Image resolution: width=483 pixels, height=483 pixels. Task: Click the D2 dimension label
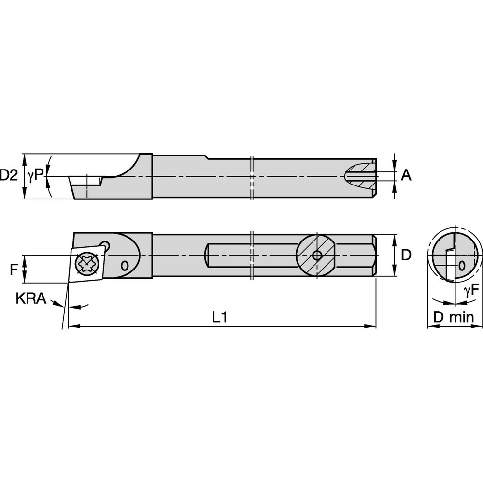click(9, 176)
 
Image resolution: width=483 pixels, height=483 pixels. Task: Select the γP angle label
click(35, 176)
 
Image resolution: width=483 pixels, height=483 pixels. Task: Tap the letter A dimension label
click(407, 175)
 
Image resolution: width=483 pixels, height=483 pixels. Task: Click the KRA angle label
click(31, 299)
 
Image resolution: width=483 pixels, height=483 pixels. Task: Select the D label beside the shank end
click(407, 255)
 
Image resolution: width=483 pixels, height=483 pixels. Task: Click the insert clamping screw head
click(87, 264)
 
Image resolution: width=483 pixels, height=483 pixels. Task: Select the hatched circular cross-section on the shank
click(316, 255)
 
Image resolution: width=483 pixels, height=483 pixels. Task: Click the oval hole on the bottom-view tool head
click(125, 265)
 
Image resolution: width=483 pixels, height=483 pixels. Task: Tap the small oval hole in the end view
click(462, 265)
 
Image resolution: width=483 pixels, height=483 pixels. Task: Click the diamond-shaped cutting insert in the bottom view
click(87, 264)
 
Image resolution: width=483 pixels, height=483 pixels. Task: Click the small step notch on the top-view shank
click(206, 156)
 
